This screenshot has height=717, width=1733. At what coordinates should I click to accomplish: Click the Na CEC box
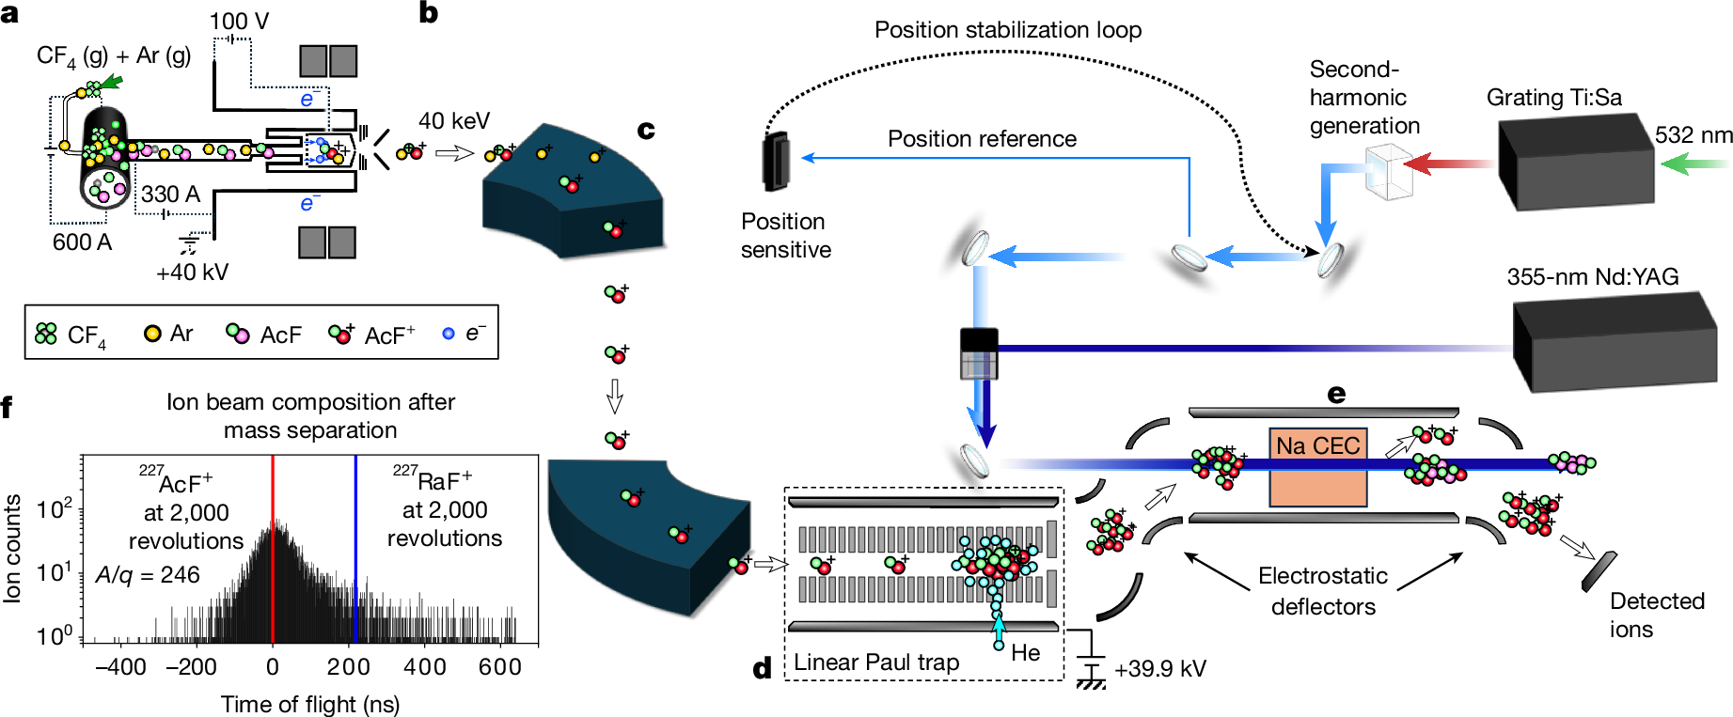click(x=1317, y=468)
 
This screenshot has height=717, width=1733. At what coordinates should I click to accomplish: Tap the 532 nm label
click(x=1693, y=135)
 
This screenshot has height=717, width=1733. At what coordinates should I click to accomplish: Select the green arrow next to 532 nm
click(x=1694, y=164)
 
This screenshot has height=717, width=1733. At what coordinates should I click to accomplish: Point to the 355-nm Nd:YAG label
click(x=1593, y=276)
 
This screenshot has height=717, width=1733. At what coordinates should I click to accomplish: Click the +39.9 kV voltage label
click(x=1159, y=669)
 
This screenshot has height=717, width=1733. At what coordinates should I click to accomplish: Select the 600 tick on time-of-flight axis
click(x=499, y=667)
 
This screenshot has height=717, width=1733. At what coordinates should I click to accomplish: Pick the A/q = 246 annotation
click(x=148, y=575)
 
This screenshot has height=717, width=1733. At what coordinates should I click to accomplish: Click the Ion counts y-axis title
click(x=12, y=548)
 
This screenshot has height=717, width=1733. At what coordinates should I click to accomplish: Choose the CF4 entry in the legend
click(x=71, y=335)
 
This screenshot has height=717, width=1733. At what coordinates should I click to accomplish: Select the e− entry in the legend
click(x=465, y=334)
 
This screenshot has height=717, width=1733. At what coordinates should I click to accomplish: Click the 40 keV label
click(x=453, y=121)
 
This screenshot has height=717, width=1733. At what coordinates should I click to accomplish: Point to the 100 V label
click(x=239, y=21)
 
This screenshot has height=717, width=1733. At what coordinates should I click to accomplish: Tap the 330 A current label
click(x=170, y=195)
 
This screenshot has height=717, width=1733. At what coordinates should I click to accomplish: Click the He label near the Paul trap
click(x=1025, y=652)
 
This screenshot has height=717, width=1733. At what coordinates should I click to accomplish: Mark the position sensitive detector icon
click(x=777, y=161)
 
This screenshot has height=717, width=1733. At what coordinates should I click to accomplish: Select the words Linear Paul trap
click(x=875, y=662)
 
